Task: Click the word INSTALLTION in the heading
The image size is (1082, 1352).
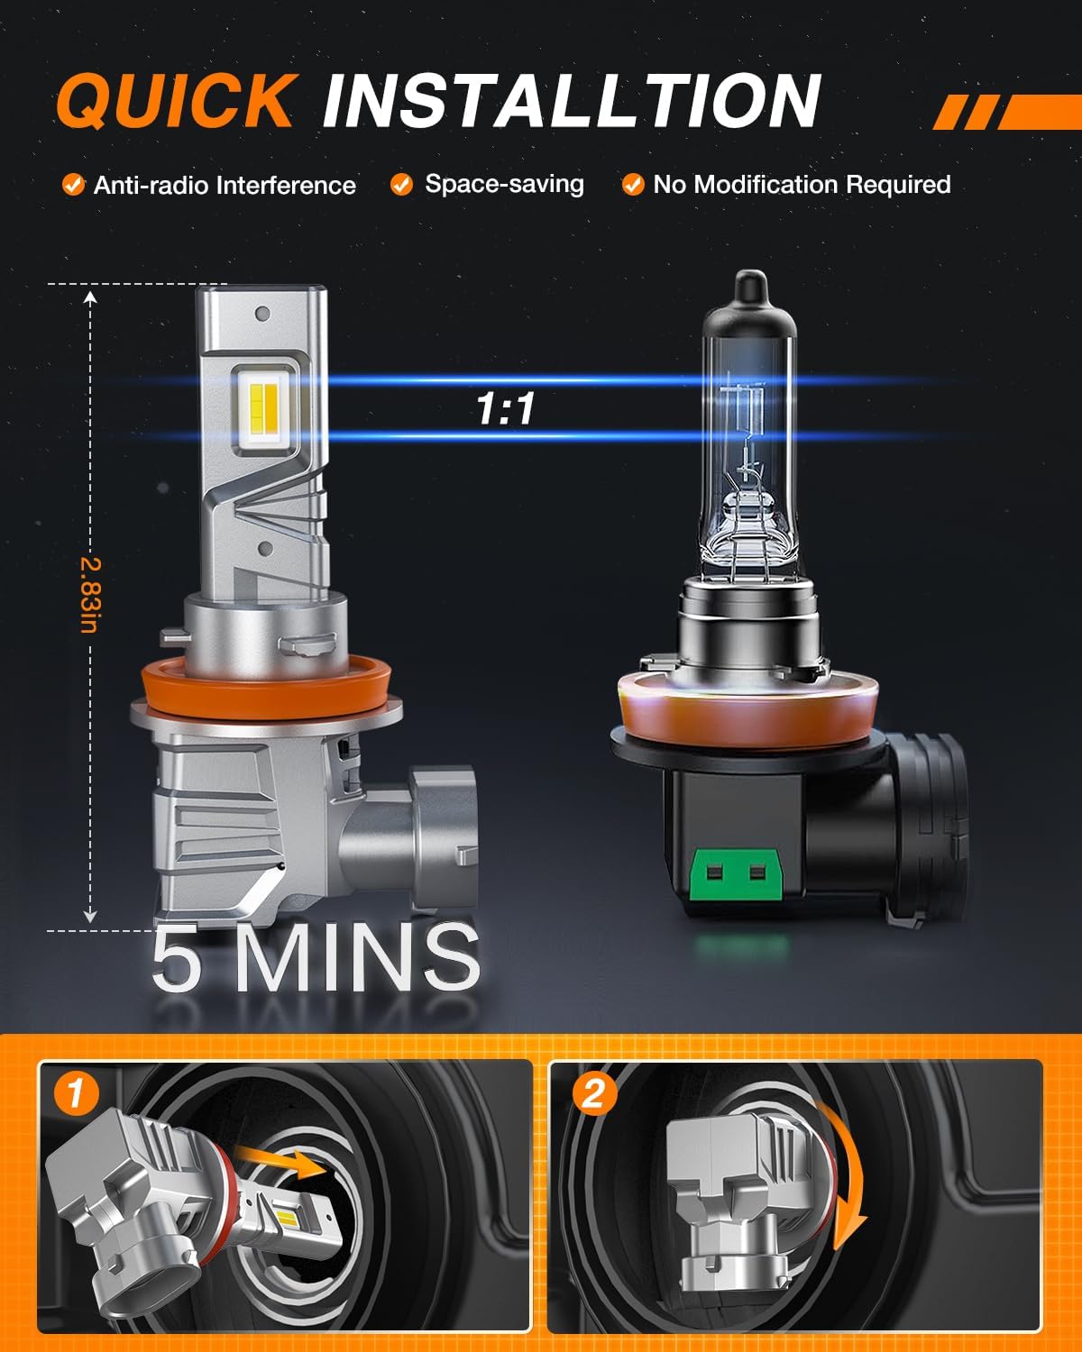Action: coord(571,101)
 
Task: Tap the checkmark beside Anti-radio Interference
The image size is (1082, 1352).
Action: coord(73,185)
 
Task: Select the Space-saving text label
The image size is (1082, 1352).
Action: coord(504,184)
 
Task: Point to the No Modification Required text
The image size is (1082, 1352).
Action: coord(802,185)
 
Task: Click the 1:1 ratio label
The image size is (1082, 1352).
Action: coord(506,409)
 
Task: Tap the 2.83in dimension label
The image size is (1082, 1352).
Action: coord(89,595)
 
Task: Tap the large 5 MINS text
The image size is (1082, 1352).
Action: coord(316,957)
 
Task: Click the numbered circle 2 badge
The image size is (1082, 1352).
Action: coord(592,1093)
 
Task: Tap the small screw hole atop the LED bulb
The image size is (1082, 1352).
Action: coord(262,315)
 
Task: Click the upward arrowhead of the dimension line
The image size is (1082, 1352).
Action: coord(89,297)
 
